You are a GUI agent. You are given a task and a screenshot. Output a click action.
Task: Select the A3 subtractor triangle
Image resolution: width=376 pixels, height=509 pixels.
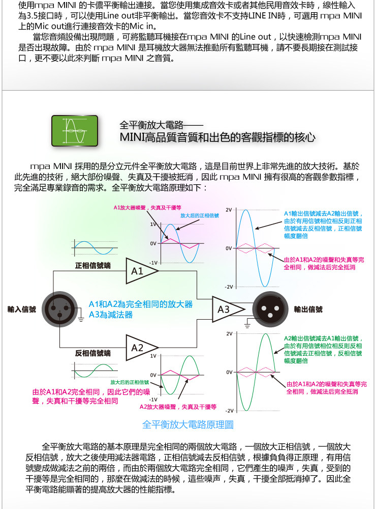[x=226, y=309]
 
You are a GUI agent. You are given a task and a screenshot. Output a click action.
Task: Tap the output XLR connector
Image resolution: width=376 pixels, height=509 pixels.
[x=269, y=308]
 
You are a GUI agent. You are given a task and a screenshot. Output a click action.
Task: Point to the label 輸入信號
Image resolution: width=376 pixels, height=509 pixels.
[x=22, y=309]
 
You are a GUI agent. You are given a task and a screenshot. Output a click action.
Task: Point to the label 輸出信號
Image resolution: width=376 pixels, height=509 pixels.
[x=308, y=309]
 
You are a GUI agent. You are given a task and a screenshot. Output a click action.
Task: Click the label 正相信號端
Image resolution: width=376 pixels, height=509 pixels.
[x=93, y=265]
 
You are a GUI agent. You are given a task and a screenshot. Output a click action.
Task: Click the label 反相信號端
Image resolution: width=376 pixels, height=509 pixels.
[x=93, y=353]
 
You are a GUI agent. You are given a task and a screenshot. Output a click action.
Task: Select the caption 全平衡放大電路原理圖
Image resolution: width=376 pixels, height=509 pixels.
[x=188, y=425]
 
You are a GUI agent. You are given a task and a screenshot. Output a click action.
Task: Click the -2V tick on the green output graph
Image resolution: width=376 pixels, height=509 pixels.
[x=229, y=410]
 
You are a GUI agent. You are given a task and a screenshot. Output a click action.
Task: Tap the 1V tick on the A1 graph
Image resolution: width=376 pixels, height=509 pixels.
[x=153, y=224]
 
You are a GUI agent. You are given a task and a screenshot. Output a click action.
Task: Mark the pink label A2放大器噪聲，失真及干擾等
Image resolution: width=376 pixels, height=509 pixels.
[x=178, y=407]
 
